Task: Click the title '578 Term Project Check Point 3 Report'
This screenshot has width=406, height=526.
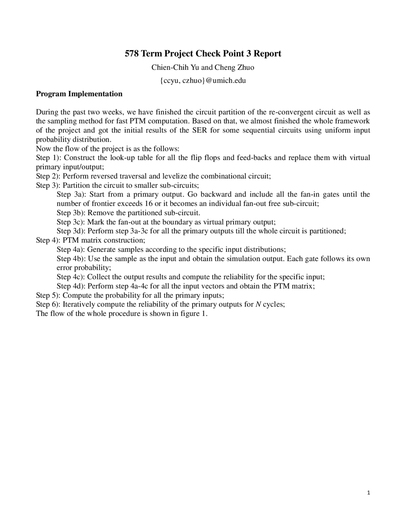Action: pyautogui.click(x=203, y=53)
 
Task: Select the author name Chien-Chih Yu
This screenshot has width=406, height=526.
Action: pyautogui.click(x=175, y=67)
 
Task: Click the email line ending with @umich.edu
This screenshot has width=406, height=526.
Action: pyautogui.click(x=203, y=80)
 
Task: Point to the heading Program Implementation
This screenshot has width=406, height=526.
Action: pyautogui.click(x=79, y=94)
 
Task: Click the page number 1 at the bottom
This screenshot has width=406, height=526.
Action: pyautogui.click(x=368, y=493)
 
